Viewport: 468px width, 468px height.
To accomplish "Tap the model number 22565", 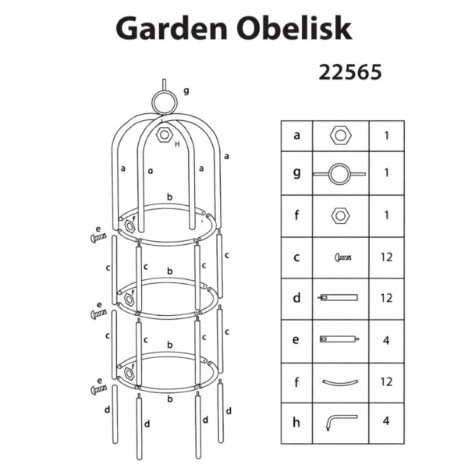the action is [349, 73].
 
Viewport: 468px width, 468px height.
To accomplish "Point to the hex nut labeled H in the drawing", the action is [164, 134].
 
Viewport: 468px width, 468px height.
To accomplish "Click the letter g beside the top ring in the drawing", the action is [186, 90].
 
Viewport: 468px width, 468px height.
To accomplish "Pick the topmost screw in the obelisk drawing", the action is [98, 238].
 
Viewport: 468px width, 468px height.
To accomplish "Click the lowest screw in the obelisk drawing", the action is [98, 389].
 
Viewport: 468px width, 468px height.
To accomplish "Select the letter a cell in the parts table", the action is [296, 135].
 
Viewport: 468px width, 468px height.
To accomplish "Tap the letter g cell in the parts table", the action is [296, 173].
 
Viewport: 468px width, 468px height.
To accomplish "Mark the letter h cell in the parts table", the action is [296, 422].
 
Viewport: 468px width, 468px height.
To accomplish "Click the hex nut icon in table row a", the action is [340, 135].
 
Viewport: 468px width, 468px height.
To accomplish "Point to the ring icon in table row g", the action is [339, 174].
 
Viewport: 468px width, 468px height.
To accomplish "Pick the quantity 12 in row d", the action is [386, 298].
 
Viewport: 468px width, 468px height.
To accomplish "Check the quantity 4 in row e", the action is [386, 340].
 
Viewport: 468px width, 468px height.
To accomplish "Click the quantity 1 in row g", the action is [386, 173].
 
